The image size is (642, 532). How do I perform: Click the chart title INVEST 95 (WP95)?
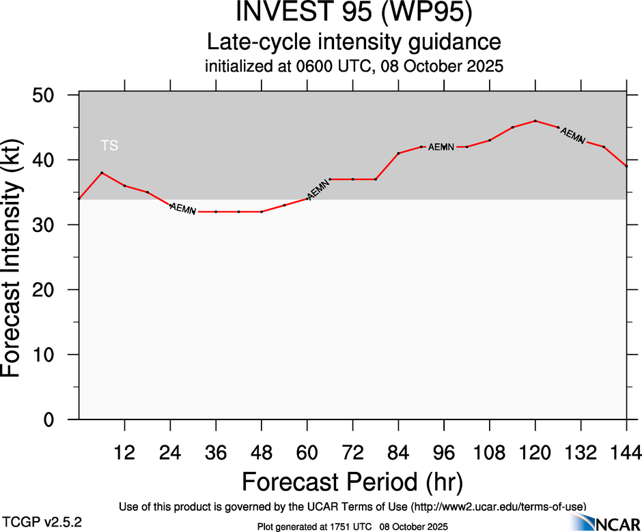[354, 14]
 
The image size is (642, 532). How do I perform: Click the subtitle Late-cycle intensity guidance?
[354, 42]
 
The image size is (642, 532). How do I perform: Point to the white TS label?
[109, 145]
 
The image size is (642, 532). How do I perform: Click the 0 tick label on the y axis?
[57, 420]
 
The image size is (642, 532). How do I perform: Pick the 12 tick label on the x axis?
[124, 453]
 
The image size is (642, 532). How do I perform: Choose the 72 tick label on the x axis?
[352, 453]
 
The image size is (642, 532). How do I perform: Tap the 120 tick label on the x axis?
[535, 453]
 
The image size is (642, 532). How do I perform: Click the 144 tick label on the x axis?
[626, 453]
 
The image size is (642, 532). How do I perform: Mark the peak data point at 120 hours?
[535, 121]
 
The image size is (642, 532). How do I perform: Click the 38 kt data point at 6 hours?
[102, 173]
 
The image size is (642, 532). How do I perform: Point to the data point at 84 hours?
[398, 153]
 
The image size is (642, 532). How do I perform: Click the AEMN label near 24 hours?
[182, 209]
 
